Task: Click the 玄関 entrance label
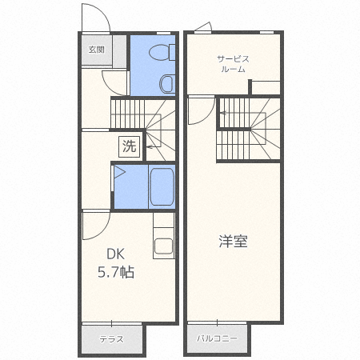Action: (95, 50)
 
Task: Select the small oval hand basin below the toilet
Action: (166, 83)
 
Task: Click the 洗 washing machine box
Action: (129, 146)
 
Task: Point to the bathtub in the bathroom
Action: (162, 186)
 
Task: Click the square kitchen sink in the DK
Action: (164, 247)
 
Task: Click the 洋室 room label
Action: (233, 241)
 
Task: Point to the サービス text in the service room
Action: (233, 58)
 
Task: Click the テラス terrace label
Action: (111, 339)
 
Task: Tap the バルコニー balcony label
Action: (217, 339)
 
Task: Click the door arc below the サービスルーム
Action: (201, 110)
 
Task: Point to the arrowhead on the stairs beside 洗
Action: (148, 149)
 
